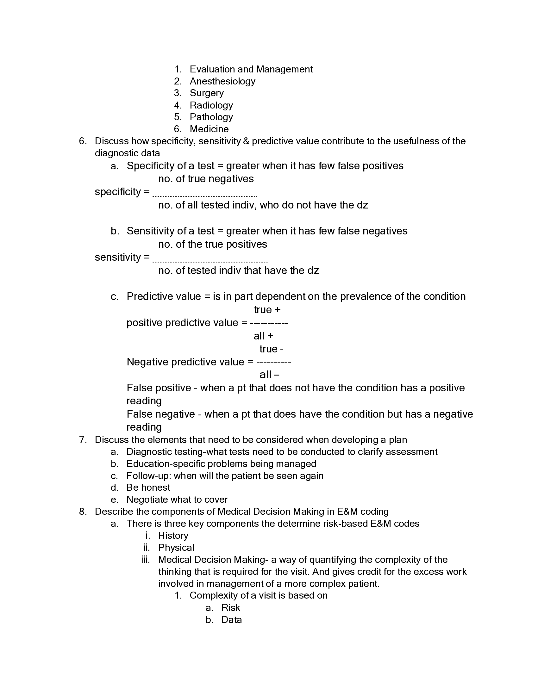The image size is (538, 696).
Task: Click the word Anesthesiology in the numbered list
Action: coord(222,81)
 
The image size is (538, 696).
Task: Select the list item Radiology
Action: coord(211,105)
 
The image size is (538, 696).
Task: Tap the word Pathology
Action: coord(211,117)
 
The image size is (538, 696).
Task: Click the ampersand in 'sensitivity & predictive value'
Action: coord(246,141)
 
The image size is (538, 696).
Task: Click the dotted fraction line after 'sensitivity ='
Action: coord(210,262)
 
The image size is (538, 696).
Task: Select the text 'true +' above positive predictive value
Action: coord(267,310)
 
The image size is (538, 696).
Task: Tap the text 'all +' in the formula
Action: coord(263,336)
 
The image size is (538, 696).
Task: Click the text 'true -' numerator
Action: coord(271,349)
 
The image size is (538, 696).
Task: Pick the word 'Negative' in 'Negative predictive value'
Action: coord(147,362)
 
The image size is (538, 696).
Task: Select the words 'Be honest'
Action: coord(148,488)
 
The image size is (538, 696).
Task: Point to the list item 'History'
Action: coord(173,536)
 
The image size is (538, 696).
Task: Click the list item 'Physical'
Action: coord(176,548)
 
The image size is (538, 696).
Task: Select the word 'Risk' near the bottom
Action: coord(230,608)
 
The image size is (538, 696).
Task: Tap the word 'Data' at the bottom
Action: coord(231,620)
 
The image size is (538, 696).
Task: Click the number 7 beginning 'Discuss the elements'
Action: coord(82,440)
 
